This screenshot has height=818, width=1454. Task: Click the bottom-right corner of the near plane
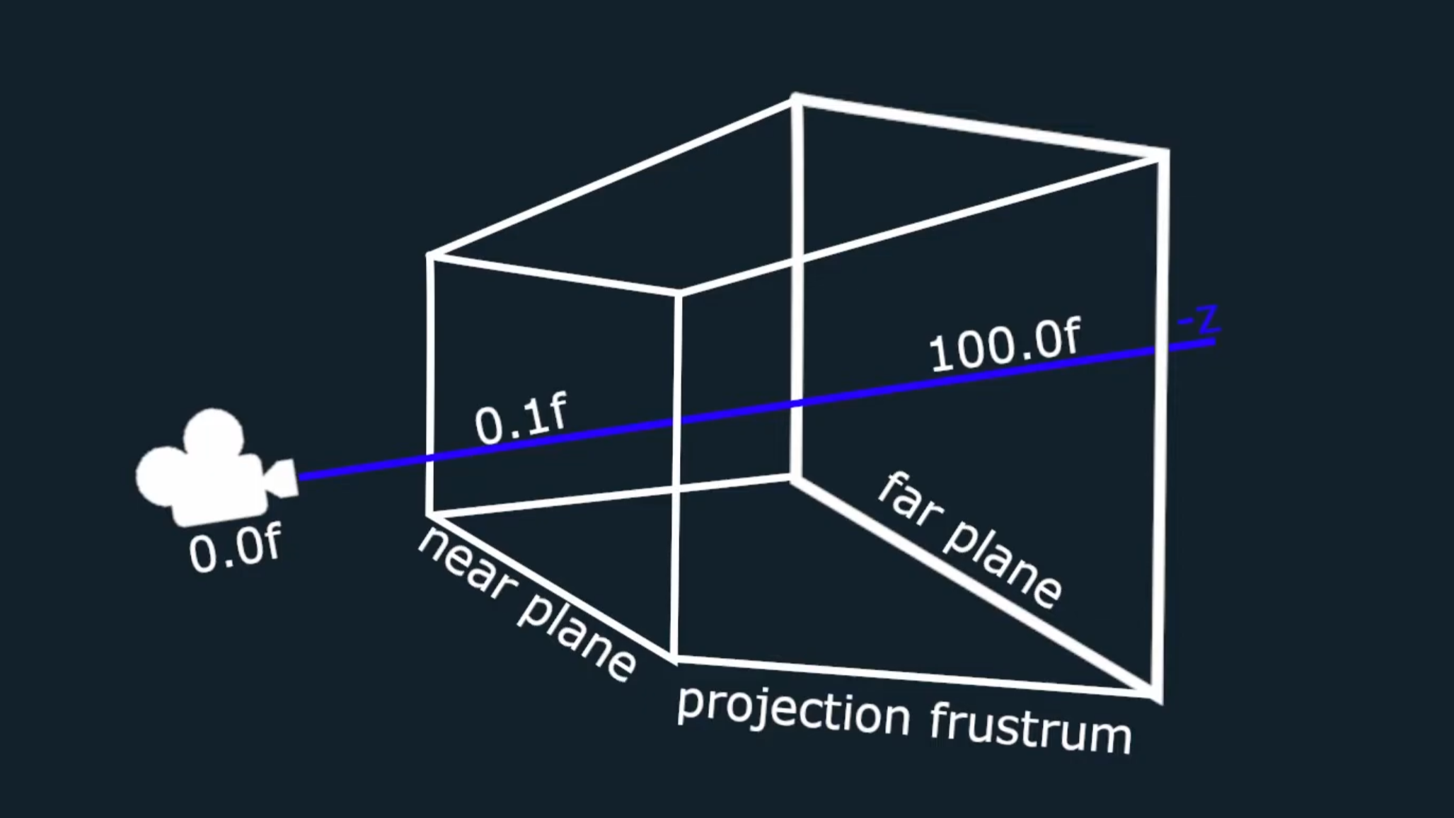[676, 659]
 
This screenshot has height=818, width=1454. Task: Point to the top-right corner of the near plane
[679, 292]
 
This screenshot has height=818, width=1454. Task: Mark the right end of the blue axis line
[1214, 342]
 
